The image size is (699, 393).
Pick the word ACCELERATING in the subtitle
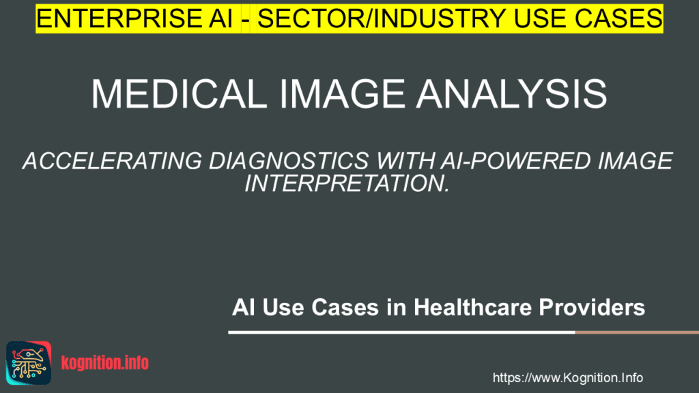(110, 162)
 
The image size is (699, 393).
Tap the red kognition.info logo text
(104, 362)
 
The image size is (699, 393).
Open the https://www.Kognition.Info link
(567, 377)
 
